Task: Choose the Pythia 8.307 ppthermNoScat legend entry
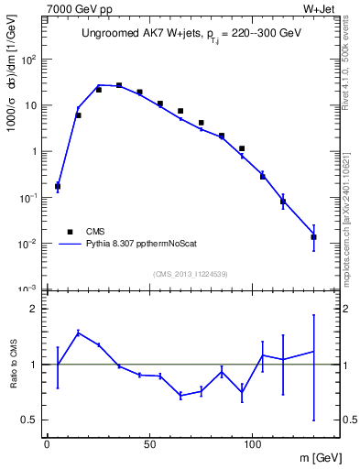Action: tap(137, 245)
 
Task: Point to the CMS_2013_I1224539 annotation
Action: tap(190, 273)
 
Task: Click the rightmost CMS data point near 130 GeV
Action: tap(313, 237)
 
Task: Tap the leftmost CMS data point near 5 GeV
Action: tap(58, 186)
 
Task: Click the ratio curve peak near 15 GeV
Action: tap(79, 333)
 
